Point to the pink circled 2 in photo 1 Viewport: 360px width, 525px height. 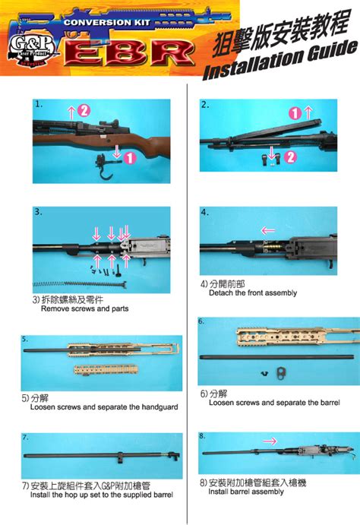(x=84, y=111)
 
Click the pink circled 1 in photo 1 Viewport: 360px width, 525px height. (x=130, y=157)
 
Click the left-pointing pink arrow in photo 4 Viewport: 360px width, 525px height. (x=268, y=229)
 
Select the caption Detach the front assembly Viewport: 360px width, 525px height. (x=248, y=293)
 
